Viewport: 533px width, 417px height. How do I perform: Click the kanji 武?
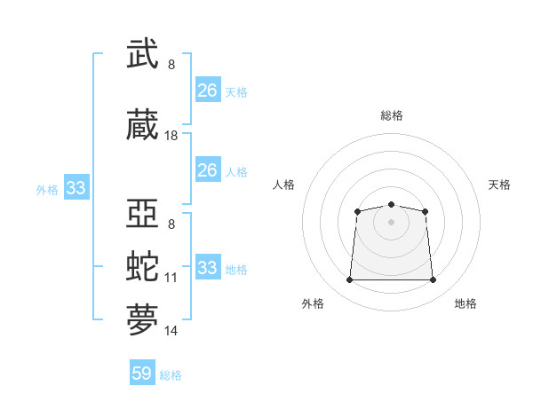143,55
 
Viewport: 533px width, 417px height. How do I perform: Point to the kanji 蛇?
143,267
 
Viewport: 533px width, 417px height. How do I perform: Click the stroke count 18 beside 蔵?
171,136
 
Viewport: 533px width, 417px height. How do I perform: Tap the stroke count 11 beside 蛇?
171,278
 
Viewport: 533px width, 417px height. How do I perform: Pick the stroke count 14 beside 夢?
171,331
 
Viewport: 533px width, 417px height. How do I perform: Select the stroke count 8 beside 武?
171,65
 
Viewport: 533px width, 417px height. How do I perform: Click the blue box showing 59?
142,374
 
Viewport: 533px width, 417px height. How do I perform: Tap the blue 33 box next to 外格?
76,188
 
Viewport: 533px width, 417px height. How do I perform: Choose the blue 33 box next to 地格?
208,268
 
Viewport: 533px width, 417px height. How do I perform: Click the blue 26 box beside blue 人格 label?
208,170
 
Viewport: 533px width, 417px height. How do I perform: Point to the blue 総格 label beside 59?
171,375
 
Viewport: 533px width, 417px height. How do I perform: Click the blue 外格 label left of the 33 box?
47,189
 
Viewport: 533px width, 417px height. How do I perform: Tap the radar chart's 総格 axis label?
391,115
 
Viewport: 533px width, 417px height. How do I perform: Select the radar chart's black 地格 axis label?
465,303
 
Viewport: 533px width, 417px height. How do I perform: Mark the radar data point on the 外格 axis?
349,280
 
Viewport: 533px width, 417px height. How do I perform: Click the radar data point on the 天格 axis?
426,211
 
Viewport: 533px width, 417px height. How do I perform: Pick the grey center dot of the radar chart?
391,221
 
